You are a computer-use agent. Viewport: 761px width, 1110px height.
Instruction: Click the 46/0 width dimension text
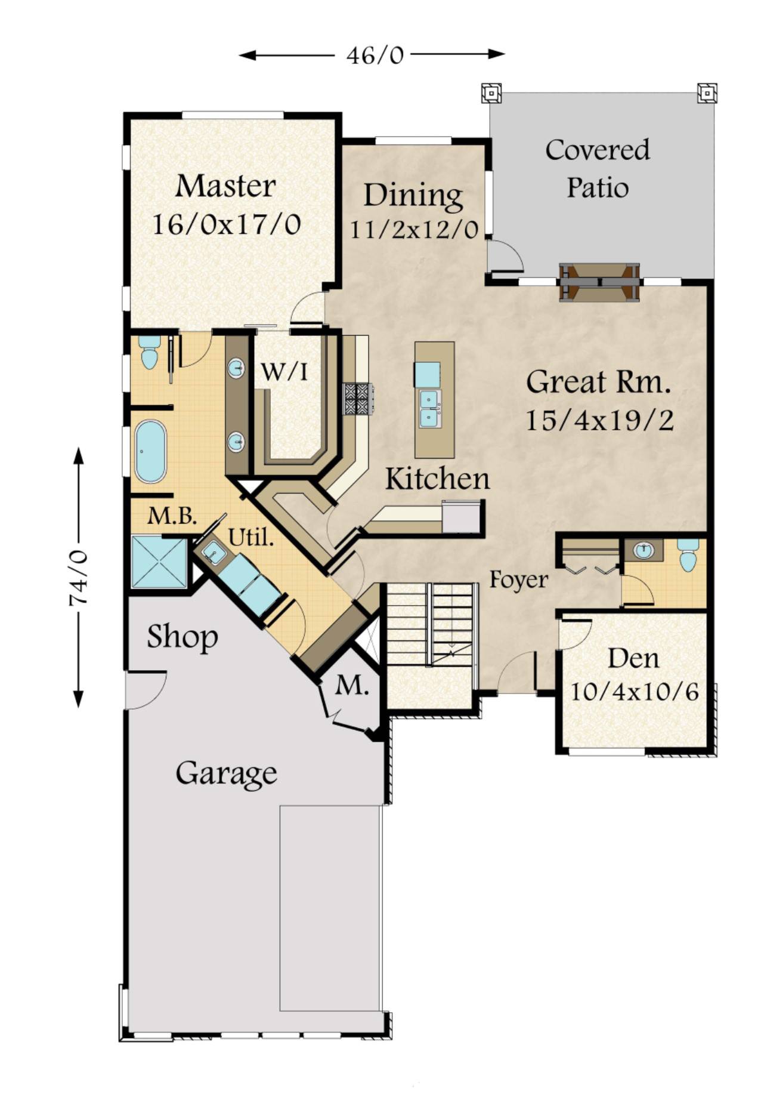[x=375, y=55]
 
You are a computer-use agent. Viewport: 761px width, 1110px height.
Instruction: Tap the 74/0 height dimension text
[x=79, y=578]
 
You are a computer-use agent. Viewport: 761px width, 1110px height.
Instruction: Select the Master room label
[x=225, y=186]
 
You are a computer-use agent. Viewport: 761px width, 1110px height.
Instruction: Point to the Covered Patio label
[x=597, y=168]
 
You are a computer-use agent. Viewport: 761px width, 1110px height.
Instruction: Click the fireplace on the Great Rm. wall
[x=599, y=282]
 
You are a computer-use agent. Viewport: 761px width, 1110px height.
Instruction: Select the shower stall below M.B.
[x=158, y=562]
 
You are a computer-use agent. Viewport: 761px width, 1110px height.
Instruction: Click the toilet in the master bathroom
[x=149, y=351]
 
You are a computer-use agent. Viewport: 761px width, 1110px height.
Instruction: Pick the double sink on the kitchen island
[x=428, y=409]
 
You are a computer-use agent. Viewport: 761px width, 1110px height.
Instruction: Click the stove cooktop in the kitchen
[x=357, y=399]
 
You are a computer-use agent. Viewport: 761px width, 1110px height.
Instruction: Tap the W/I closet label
[x=285, y=372]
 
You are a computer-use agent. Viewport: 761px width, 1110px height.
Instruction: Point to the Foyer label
[x=518, y=579]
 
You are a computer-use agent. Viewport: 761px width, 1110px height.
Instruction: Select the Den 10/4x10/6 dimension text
[x=635, y=692]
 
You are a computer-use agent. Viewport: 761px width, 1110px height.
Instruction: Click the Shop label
[x=182, y=637]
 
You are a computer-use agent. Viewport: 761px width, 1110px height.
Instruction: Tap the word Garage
[x=226, y=773]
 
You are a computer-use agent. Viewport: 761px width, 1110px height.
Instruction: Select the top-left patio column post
[x=491, y=93]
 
